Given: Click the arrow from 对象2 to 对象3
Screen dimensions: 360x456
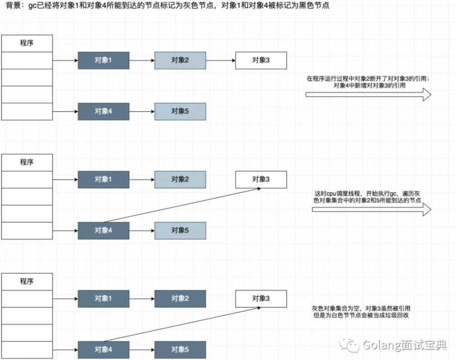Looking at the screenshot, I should click(x=220, y=60).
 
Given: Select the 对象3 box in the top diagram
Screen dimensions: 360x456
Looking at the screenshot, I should click(x=261, y=60).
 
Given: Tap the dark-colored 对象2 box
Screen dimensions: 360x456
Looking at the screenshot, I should click(x=180, y=299).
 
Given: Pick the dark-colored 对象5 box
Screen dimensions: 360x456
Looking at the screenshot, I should click(x=180, y=350).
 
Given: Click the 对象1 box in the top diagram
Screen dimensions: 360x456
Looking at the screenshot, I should click(x=103, y=60).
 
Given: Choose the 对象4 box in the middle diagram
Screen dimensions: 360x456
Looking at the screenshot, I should click(x=103, y=230).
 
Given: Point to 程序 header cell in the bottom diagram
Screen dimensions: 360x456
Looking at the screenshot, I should click(x=27, y=282).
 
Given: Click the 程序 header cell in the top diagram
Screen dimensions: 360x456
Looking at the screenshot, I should click(x=27, y=43).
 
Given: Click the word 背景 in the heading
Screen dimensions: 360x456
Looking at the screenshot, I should click(x=11, y=7).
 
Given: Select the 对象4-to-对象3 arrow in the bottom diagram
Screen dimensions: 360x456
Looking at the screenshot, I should click(x=178, y=324).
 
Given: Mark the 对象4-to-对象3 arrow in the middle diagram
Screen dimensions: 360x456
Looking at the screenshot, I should click(x=178, y=205).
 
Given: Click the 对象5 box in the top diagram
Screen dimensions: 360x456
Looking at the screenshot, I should click(x=180, y=111).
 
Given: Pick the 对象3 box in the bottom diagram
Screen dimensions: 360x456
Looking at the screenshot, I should click(x=261, y=299).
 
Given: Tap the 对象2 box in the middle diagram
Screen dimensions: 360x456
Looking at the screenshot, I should click(x=180, y=179).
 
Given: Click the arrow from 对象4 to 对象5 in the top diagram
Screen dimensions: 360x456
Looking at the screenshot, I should click(x=142, y=111).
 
